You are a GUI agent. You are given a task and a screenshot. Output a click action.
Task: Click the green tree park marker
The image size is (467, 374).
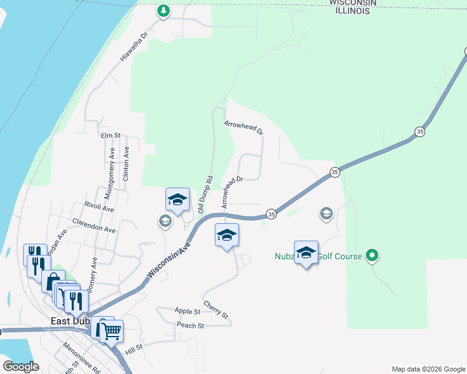(163, 11)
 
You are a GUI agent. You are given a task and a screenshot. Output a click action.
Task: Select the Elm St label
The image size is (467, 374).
(109, 135)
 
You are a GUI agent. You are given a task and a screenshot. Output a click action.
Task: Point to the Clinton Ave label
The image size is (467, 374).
(127, 164)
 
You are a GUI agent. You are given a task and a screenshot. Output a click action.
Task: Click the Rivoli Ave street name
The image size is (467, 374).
(99, 206)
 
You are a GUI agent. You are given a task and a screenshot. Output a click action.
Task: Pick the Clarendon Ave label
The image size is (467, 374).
(94, 225)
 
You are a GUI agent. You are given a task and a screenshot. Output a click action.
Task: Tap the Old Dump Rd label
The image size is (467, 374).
(206, 195)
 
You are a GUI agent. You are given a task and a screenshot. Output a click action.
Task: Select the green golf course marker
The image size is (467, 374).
(373, 255)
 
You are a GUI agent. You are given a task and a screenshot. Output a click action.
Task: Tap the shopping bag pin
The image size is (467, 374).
(54, 280)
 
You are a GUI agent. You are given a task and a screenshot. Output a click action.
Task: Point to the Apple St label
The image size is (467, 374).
(187, 311)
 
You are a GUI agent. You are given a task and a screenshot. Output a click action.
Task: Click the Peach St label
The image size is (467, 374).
(190, 325)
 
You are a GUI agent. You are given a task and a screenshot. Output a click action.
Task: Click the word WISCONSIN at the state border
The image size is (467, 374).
(353, 3)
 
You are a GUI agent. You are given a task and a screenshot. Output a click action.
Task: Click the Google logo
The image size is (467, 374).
(21, 367)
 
